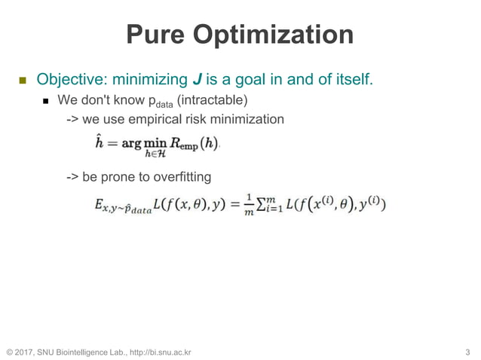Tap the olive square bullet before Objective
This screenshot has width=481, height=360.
[x=22, y=80]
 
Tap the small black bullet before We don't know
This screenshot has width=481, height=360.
[x=46, y=100]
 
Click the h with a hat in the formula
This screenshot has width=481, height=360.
[x=98, y=142]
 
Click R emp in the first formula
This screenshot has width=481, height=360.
[x=185, y=145]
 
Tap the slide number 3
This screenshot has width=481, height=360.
[x=467, y=352]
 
